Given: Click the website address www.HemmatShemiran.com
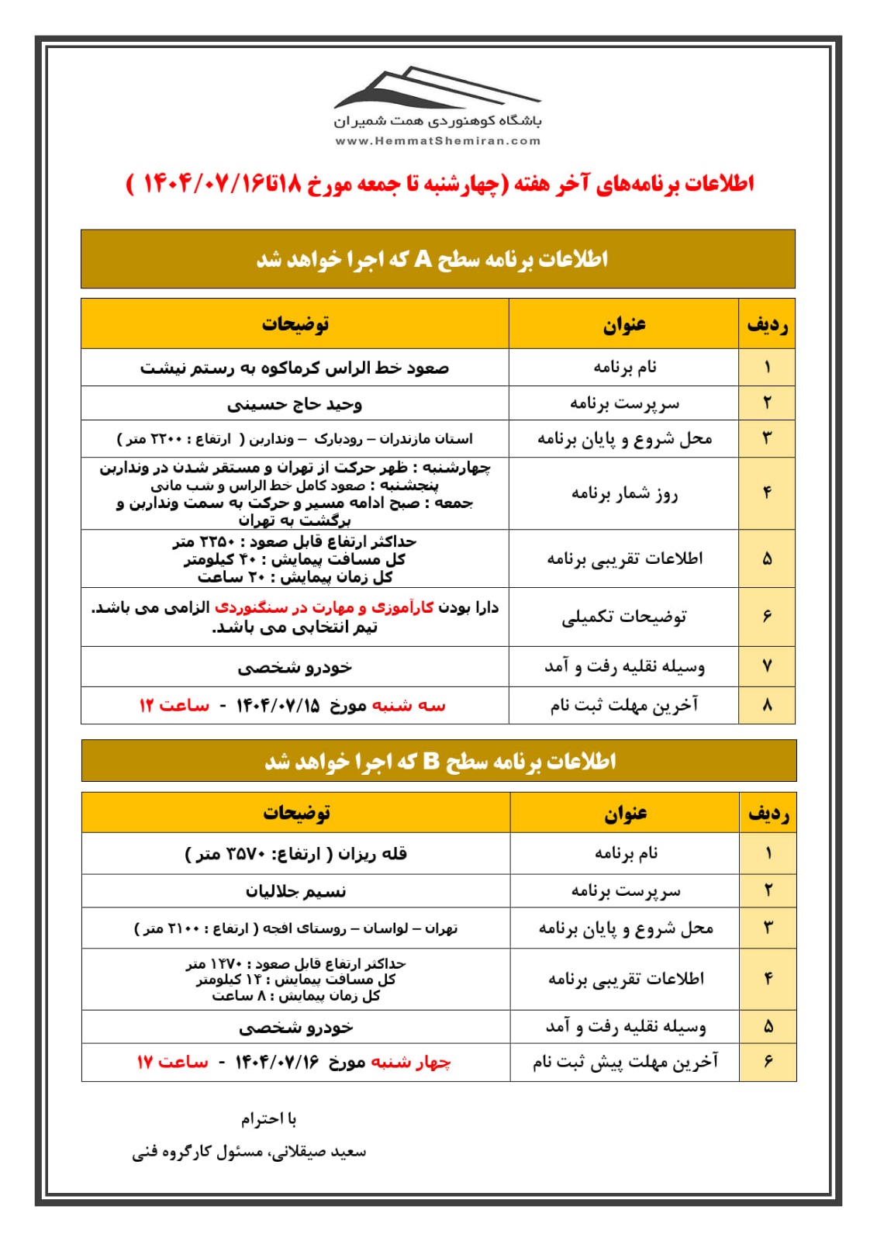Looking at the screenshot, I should coord(437,141).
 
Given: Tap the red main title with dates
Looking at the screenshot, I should coord(440,185).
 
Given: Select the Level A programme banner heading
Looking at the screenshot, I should coord(437,259).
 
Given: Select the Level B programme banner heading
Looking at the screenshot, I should coord(439,761).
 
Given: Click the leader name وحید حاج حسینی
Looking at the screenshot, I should coord(295,404).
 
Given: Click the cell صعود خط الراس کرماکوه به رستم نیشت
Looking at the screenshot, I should coord(295,368).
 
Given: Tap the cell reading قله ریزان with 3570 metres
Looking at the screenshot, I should coord(295,854).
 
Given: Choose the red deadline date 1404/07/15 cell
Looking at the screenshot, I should coord(292,706).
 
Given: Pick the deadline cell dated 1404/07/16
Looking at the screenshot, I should coord(294,1062).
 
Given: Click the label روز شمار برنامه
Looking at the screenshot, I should coord(624,493).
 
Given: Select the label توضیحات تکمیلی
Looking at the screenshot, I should coord(624,617).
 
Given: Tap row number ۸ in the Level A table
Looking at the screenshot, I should coord(767,705).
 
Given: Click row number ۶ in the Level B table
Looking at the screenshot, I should coord(768,1061).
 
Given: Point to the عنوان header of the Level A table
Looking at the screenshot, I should coord(624,324).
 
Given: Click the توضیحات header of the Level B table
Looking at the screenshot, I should coord(295,813).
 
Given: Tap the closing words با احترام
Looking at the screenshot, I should coord(268,1118).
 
